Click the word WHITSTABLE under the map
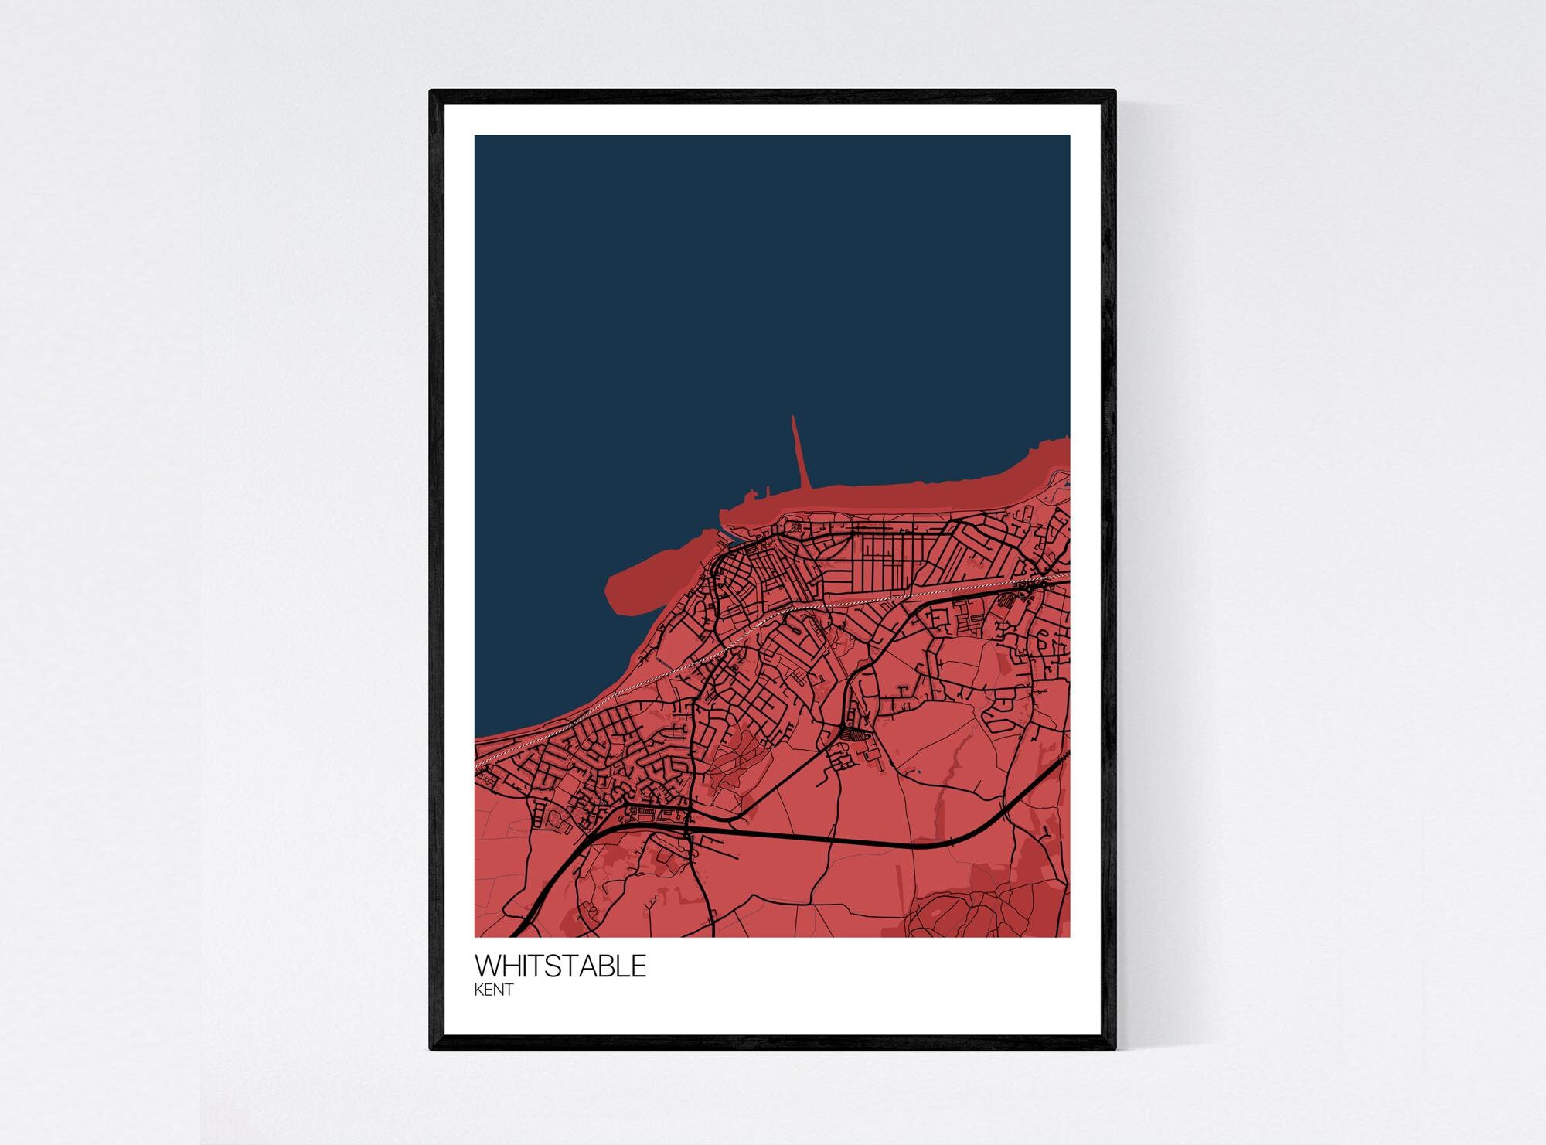pos(560,966)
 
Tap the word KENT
pos(494,990)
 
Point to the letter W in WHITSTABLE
pos(487,966)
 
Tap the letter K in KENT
pos(480,990)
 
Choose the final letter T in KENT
pos(508,990)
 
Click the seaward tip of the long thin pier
pos(793,419)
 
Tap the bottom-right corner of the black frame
pos(1115,1049)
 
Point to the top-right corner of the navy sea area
pos(1068,137)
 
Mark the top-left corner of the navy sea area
pos(476,137)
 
